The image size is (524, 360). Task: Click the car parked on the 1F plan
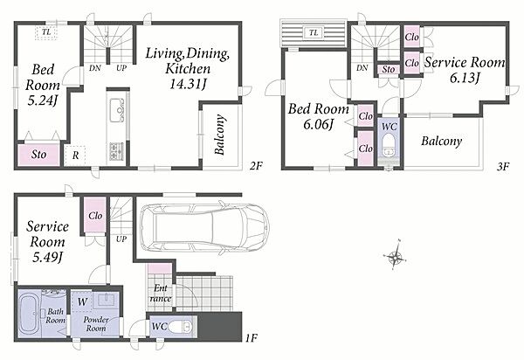point(203,227)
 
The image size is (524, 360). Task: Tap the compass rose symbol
point(396,257)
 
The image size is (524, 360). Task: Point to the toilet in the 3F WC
point(389,145)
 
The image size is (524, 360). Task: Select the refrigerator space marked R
point(75,156)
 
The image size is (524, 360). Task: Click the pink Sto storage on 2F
point(38,155)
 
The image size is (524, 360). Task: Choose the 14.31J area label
point(187,84)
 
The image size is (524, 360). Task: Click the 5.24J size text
point(41,100)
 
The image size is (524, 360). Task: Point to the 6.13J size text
point(465,79)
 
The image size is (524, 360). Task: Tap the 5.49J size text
point(48,257)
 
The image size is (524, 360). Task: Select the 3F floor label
point(502,167)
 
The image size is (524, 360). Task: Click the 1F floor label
point(251,338)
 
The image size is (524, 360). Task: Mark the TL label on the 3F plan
point(314,32)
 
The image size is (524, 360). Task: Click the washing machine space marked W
point(82,301)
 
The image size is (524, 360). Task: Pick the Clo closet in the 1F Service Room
point(95,215)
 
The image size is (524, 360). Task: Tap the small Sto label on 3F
point(389,69)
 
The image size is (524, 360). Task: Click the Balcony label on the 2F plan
point(219,135)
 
